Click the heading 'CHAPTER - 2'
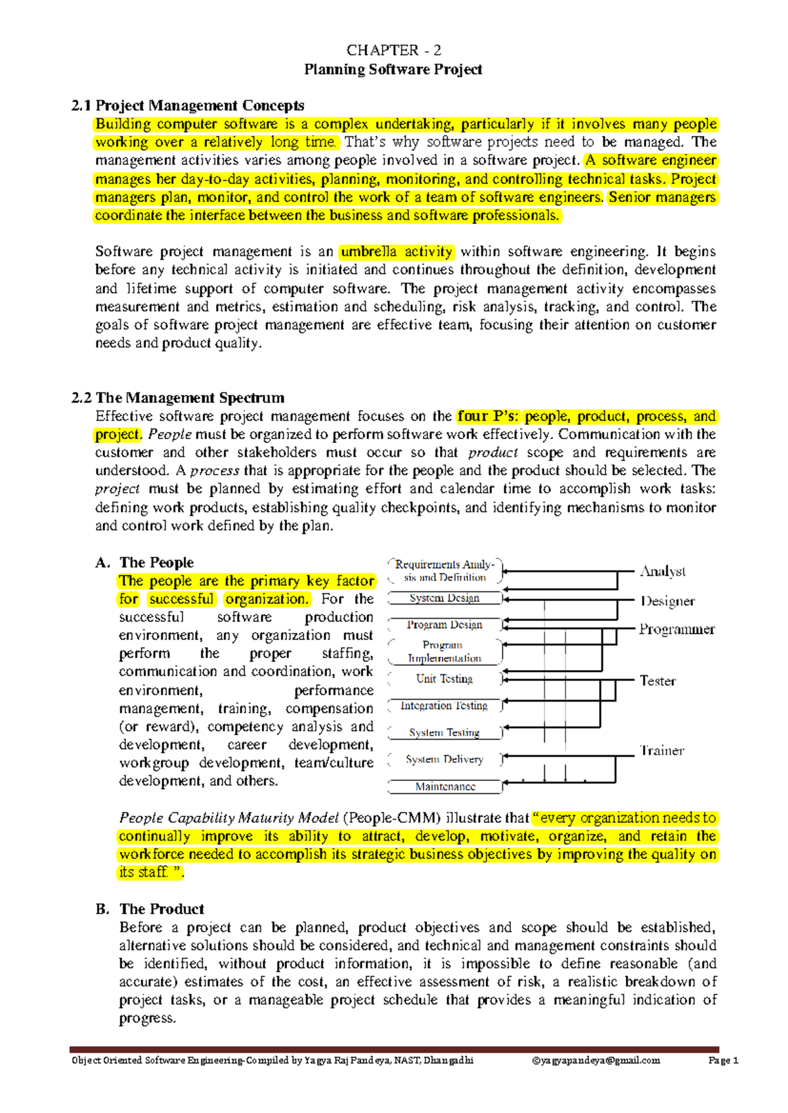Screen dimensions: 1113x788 [x=393, y=51]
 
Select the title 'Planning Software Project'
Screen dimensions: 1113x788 [x=393, y=70]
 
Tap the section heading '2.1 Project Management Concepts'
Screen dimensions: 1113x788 [x=188, y=106]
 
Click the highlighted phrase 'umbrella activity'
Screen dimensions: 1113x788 [x=397, y=252]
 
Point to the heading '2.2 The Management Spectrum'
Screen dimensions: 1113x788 [x=178, y=398]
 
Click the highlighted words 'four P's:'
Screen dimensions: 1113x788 [x=488, y=416]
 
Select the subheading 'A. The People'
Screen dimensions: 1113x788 [x=144, y=562]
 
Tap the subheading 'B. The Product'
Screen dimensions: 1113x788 [x=150, y=909]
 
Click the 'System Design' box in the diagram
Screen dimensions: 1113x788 [x=445, y=598]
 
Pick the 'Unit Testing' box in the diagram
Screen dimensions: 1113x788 [x=445, y=679]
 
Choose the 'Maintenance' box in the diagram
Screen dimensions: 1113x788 [x=445, y=786]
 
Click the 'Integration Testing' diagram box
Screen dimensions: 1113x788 [x=445, y=705]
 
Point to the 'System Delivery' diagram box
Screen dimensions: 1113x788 [x=445, y=759]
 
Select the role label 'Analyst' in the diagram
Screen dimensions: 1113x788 [x=663, y=572]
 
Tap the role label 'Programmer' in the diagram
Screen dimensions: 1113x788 [x=676, y=629]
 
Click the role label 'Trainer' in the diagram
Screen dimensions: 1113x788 [x=662, y=750]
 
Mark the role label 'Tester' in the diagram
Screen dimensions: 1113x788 [x=657, y=681]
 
